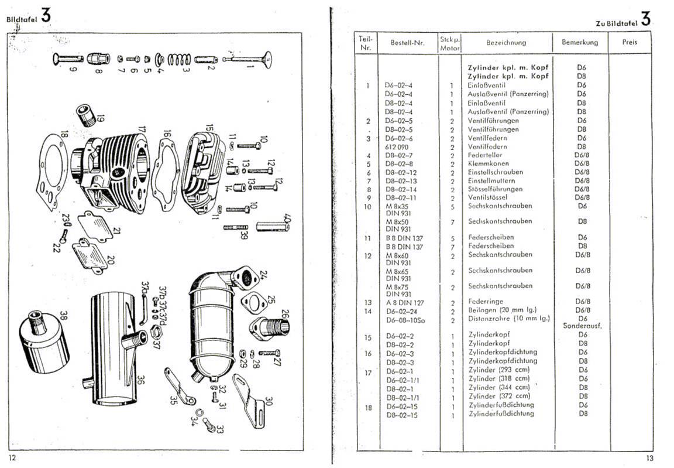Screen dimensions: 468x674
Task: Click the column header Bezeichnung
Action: pos(505,42)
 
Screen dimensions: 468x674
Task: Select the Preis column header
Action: pos(630,42)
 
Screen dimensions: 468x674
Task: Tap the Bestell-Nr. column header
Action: pos(407,43)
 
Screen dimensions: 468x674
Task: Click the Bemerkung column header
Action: pos(579,42)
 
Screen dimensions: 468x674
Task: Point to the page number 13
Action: pos(649,459)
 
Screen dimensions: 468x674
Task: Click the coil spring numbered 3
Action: pos(179,59)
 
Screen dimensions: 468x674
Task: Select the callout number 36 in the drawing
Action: pos(140,381)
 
